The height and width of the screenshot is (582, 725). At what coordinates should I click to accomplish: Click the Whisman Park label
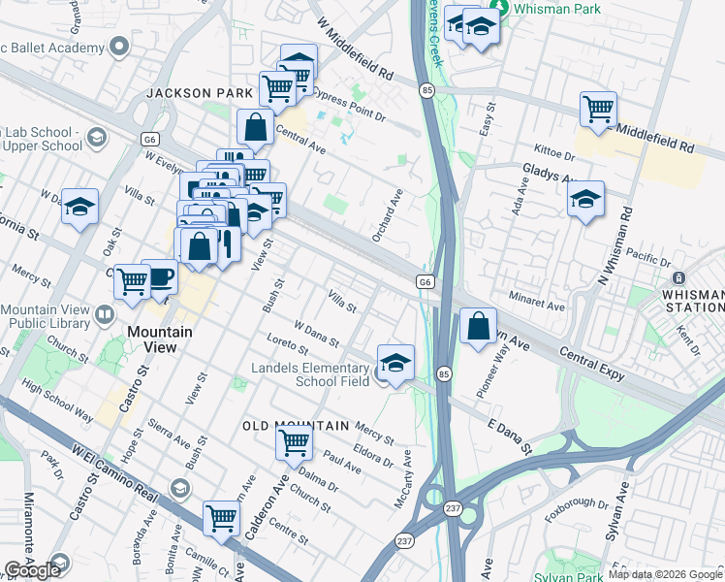coord(557,9)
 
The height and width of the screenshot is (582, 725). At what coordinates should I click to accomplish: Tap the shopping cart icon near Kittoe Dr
coord(598,109)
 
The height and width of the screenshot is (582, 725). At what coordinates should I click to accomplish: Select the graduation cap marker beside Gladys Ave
coord(585,201)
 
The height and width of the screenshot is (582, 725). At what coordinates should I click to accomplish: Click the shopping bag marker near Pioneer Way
coord(478,327)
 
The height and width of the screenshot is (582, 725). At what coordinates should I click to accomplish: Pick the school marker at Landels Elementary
coord(394,364)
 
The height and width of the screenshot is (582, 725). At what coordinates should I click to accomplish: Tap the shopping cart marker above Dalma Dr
coord(294,442)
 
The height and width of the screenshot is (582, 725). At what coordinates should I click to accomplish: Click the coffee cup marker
coord(159,277)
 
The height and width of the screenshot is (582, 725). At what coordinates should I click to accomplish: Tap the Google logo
coord(33,570)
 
